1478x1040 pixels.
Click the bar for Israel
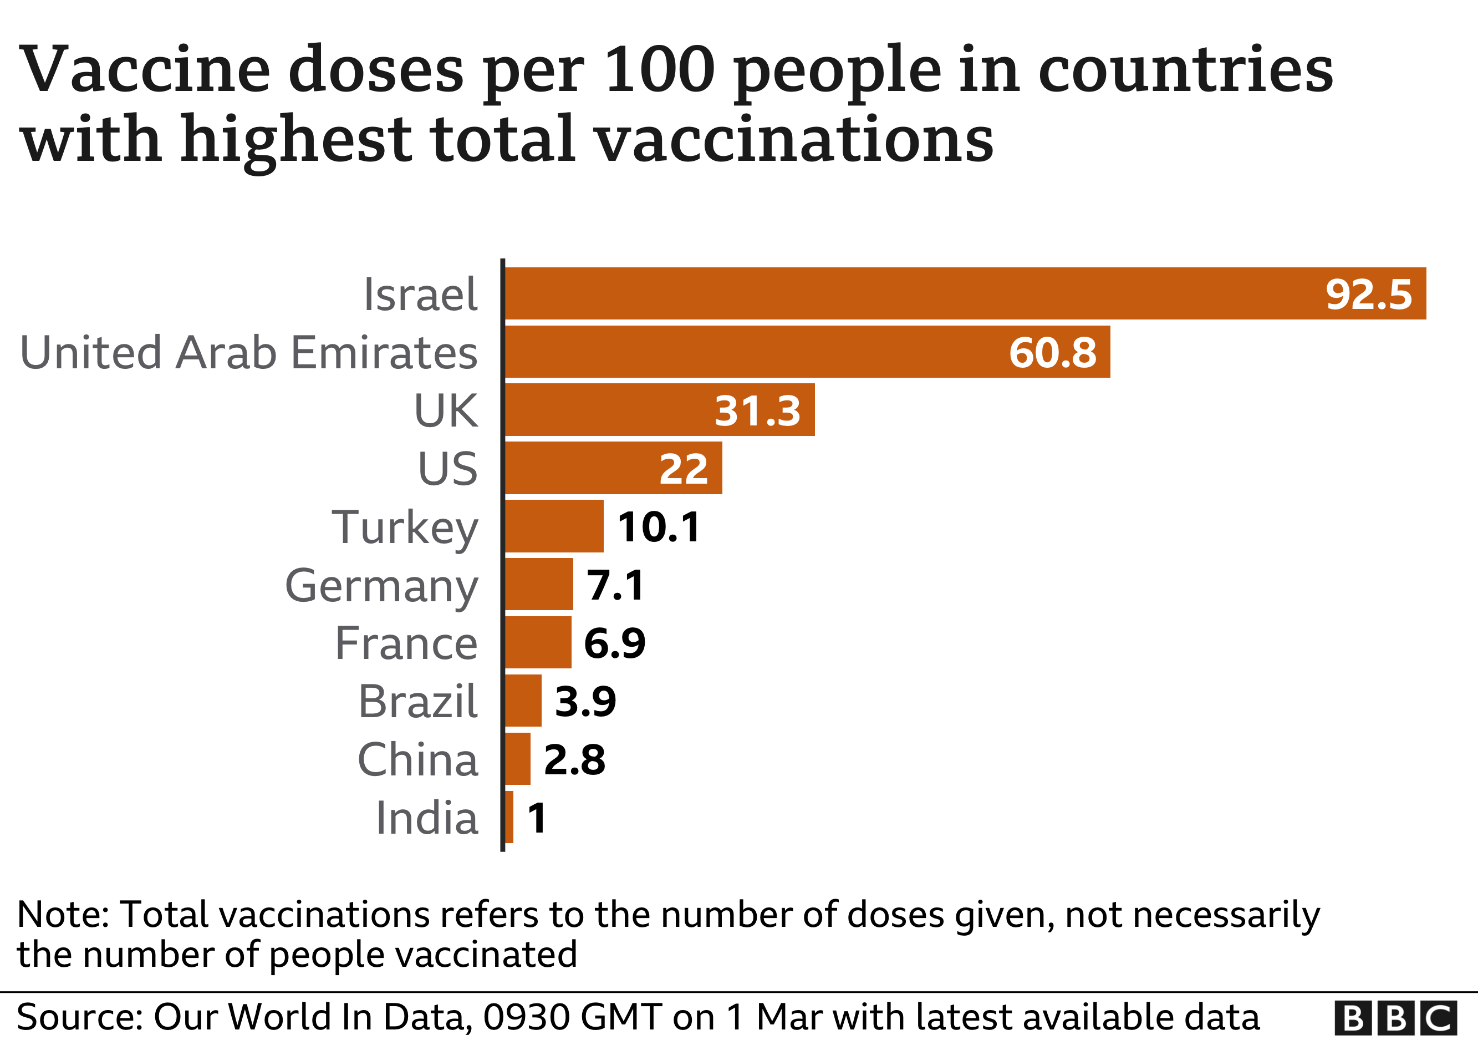(901, 293)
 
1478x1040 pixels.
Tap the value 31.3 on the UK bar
(757, 411)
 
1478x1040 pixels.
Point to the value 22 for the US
(683, 469)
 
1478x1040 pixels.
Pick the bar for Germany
(539, 584)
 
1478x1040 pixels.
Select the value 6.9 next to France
(614, 643)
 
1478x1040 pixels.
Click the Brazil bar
(523, 701)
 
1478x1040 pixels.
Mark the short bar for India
(509, 816)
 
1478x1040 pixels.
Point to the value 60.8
(1052, 352)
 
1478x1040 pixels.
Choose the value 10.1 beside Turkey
(659, 527)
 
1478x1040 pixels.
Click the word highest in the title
(296, 139)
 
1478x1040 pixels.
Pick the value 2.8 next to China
(574, 760)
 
